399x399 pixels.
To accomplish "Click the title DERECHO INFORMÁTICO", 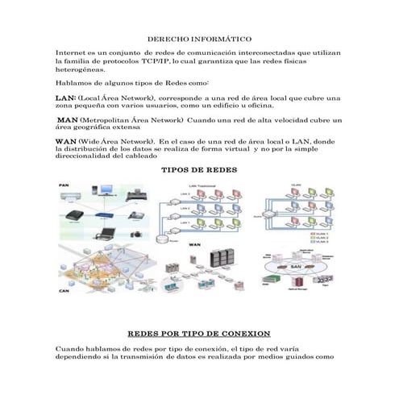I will (x=200, y=39).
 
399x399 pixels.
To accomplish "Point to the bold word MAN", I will (x=68, y=119).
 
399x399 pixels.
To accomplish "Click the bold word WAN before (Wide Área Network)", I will (x=65, y=141).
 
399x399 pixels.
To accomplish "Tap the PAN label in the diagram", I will (x=64, y=185).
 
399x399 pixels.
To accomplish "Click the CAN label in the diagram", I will (x=64, y=290).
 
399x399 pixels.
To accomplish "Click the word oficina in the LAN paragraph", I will (x=260, y=105).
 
